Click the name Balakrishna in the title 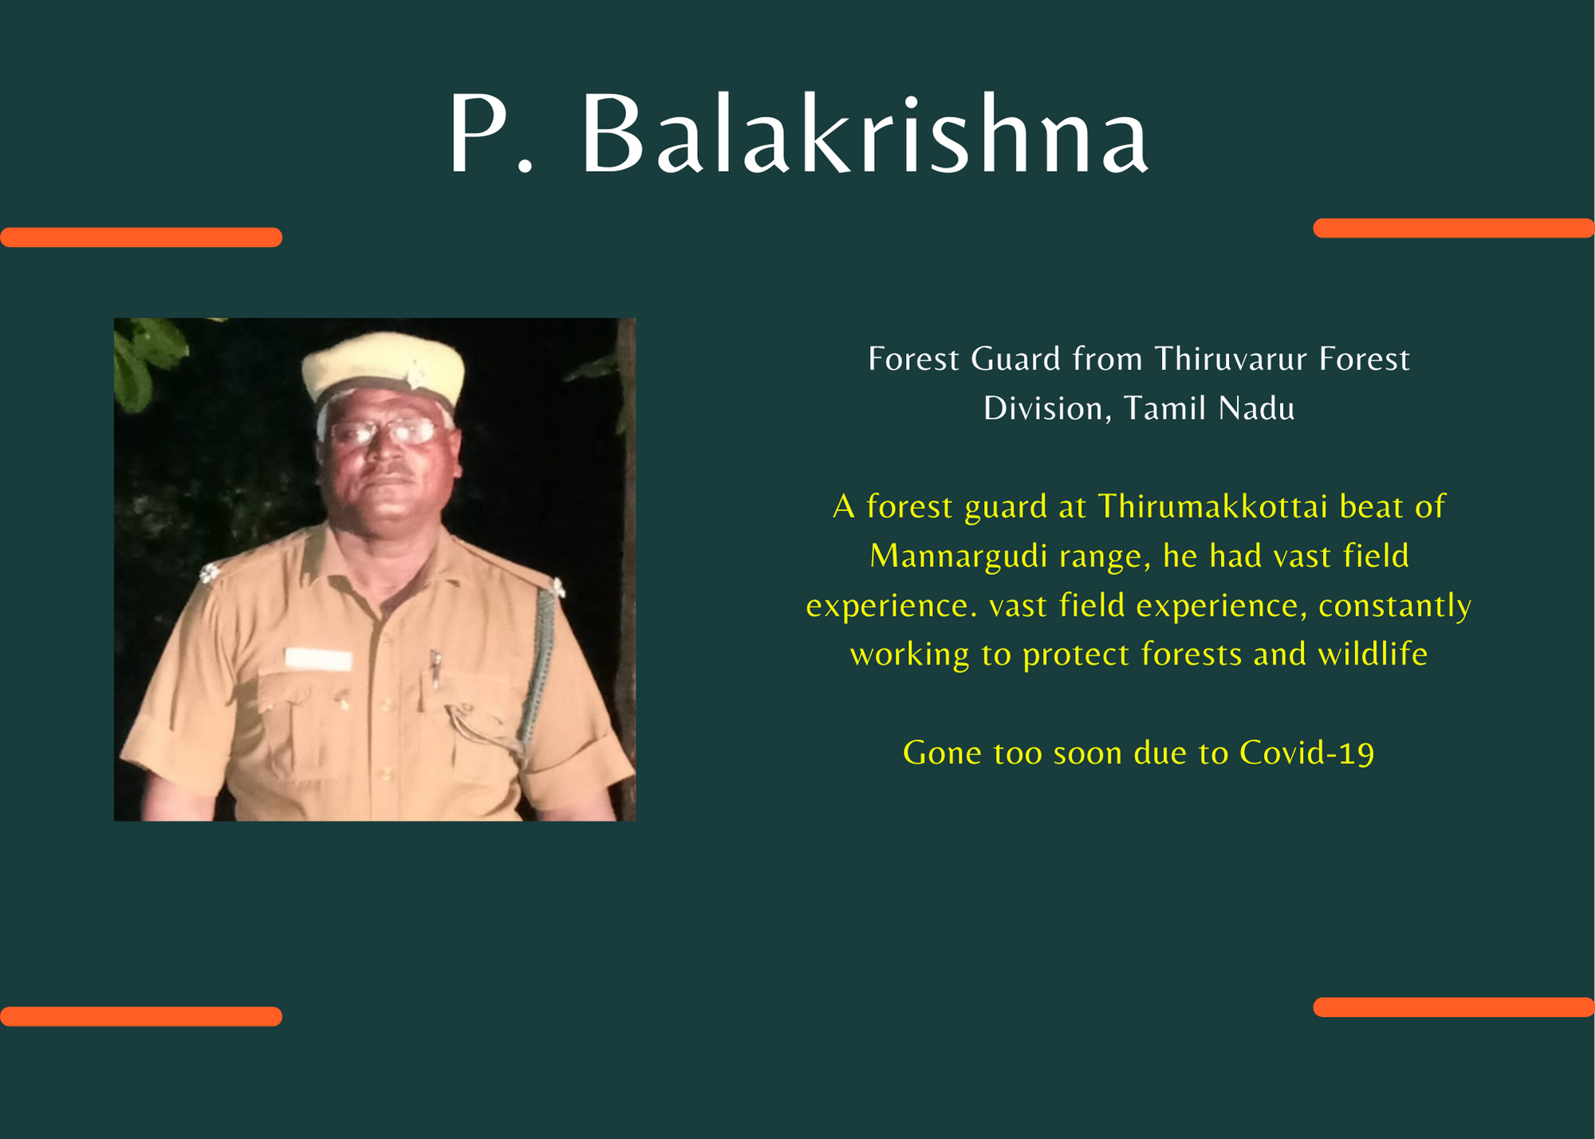pos(865,133)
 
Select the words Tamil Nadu pos(1209,408)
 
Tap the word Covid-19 pos(1306,753)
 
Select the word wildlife pos(1372,654)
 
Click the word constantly pos(1395,606)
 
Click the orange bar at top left pos(141,237)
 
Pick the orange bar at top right pos(1453,228)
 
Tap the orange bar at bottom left pos(141,1016)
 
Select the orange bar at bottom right pos(1453,1007)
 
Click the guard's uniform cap pos(383,371)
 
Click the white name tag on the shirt pos(318,659)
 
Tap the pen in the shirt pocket pos(435,668)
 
